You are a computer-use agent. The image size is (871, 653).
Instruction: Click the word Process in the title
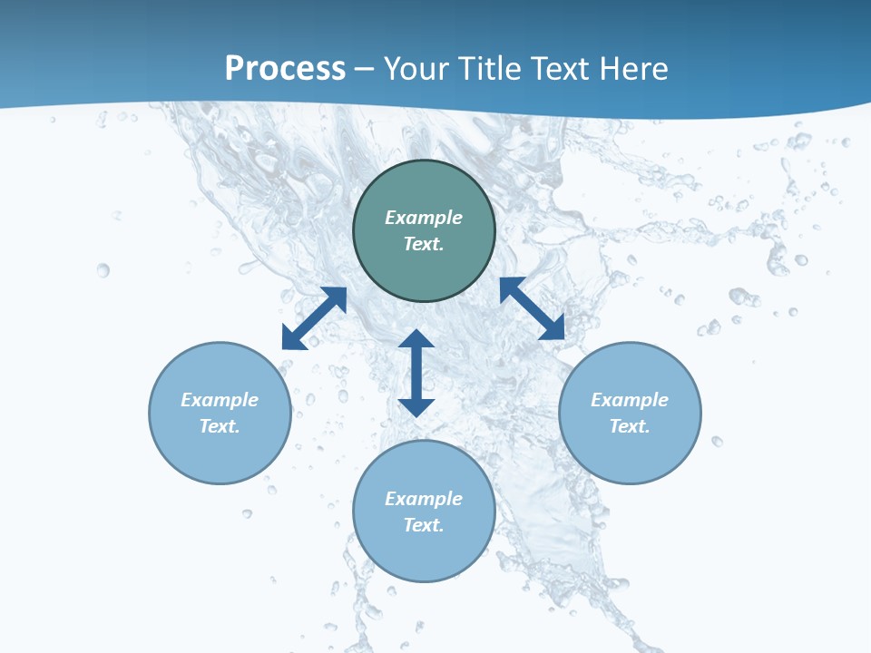pos(285,69)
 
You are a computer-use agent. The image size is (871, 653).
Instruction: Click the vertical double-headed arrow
pos(416,373)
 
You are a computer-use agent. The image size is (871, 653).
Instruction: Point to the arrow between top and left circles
pos(314,318)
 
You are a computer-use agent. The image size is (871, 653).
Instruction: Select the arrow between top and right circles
pos(532,308)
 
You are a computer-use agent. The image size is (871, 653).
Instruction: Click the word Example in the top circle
pos(424,218)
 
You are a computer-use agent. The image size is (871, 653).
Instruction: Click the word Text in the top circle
pos(424,244)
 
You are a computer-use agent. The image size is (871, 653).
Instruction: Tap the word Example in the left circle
pos(220,400)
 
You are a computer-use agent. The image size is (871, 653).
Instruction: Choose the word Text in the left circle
pos(220,426)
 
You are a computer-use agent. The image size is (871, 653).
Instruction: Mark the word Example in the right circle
pos(630,400)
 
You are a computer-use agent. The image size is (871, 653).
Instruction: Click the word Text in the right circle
pos(630,426)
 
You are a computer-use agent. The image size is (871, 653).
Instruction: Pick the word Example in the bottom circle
pos(424,499)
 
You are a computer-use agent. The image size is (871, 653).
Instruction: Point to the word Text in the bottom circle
pos(424,525)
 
